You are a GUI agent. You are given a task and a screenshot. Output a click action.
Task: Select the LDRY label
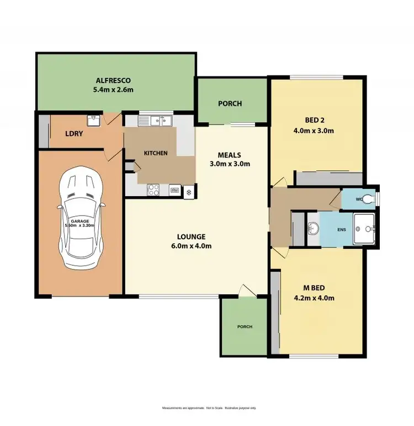(x=74, y=133)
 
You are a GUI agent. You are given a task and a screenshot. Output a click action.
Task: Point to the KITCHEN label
(x=156, y=153)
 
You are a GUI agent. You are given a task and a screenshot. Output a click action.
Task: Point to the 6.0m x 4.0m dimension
(x=192, y=246)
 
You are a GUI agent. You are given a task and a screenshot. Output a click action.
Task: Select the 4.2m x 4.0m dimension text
(x=315, y=298)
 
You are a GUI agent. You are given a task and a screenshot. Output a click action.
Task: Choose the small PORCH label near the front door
(x=245, y=327)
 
